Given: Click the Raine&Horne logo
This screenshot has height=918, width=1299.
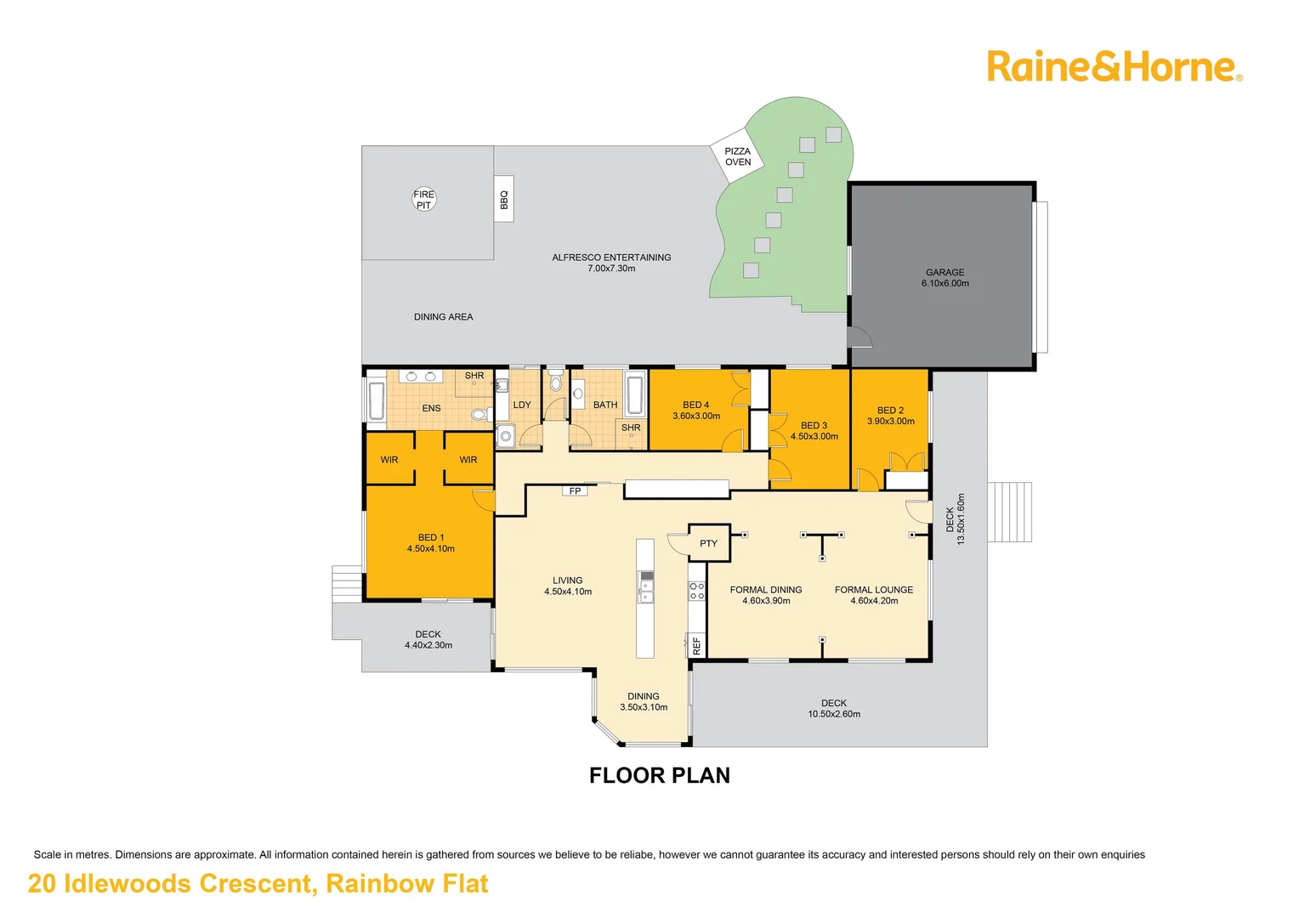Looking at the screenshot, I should point(1114,66).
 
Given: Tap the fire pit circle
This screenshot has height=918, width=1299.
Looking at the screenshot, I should point(424,199).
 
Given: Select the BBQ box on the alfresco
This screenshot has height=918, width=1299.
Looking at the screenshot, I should point(504,199).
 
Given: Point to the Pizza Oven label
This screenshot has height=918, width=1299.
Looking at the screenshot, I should point(737,156).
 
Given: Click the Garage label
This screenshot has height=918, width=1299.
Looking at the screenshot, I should point(944,278).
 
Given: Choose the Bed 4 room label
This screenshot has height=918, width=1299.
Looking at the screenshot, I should point(695,411).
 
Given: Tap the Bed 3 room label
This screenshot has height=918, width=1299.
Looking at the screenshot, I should point(814,431).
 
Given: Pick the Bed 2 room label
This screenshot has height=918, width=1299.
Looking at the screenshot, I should point(890,416).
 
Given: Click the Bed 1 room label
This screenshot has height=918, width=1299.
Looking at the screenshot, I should point(430,543).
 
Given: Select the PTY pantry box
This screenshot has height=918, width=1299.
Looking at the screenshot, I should point(708,543).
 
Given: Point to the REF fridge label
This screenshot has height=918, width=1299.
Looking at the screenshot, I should point(697,645).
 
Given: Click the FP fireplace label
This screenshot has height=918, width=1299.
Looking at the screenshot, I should point(576,491).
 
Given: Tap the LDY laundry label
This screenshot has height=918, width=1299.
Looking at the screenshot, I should point(522,405).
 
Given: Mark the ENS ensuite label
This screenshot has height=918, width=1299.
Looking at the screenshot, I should point(431,408).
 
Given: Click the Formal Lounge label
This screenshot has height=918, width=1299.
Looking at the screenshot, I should point(874,595).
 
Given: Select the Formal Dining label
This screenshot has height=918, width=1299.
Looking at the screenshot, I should point(766,595).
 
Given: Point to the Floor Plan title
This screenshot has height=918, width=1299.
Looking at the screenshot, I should point(660,775).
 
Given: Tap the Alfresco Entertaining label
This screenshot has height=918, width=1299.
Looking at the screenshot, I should point(611,263).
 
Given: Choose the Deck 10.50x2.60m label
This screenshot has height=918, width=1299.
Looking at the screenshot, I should point(834,709).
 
